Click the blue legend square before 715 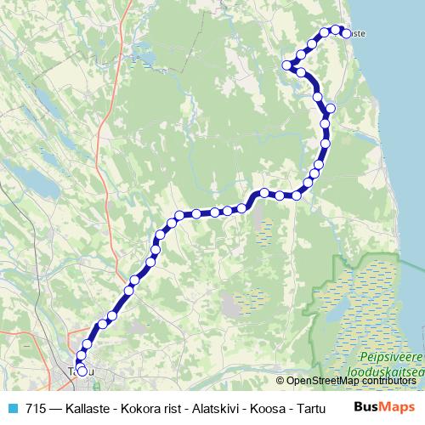tap(12, 408)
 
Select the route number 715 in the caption tap(36, 408)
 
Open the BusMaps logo tap(384, 407)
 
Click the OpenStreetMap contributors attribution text tap(353, 380)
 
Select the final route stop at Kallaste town tap(346, 33)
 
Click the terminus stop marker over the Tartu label tap(82, 370)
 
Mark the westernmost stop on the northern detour tap(287, 65)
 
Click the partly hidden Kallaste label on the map tap(358, 33)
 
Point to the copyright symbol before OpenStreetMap tap(280, 380)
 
